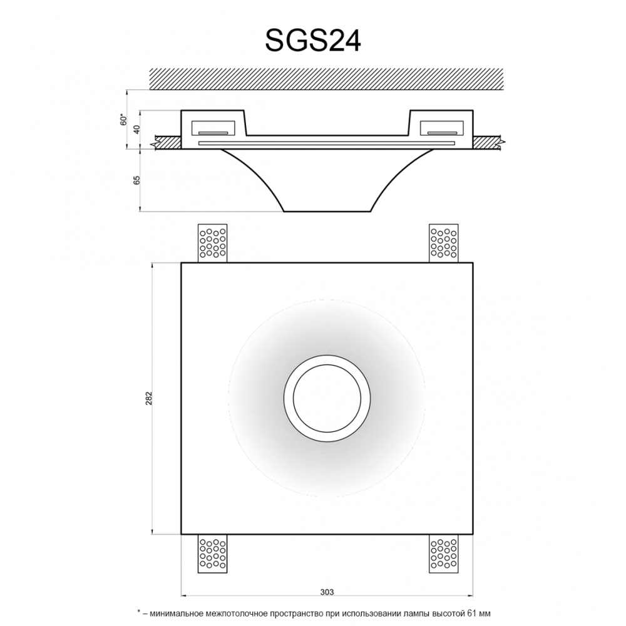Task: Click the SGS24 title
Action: pyautogui.click(x=313, y=40)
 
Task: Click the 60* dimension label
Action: pyautogui.click(x=124, y=120)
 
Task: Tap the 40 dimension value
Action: pyautogui.click(x=137, y=130)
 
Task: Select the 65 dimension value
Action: pyautogui.click(x=137, y=180)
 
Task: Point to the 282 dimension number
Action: pyautogui.click(x=150, y=398)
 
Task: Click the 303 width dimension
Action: pyautogui.click(x=327, y=592)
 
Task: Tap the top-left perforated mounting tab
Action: pyautogui.click(x=212, y=243)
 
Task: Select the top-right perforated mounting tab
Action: pyautogui.click(x=444, y=243)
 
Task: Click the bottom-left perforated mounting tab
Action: pyautogui.click(x=212, y=553)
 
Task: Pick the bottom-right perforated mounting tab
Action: pyautogui.click(x=444, y=553)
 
